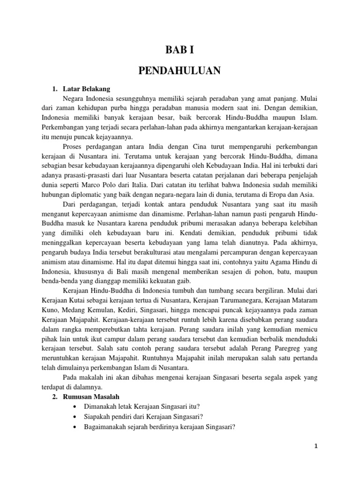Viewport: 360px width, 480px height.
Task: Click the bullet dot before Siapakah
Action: click(75, 416)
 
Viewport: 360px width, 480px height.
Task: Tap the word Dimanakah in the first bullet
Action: click(102, 407)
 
